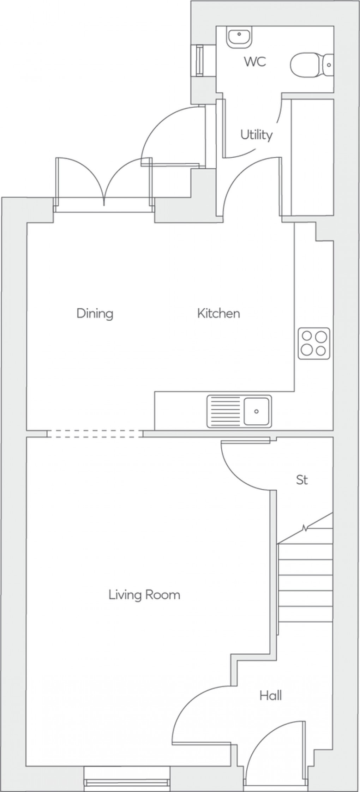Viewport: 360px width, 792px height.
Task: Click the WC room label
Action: [x=255, y=62]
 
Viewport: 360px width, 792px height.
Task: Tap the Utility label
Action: [x=256, y=135]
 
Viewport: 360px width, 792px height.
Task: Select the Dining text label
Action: [x=95, y=313]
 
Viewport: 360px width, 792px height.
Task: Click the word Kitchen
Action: [x=218, y=313]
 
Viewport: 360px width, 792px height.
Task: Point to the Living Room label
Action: [x=144, y=595]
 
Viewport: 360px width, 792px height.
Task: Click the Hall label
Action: [x=271, y=696]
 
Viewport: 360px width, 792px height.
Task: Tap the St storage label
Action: [x=302, y=480]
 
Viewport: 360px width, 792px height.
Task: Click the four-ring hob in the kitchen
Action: [x=314, y=344]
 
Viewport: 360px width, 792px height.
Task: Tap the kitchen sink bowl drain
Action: [x=257, y=411]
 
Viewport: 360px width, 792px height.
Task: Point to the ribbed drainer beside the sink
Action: [x=224, y=411]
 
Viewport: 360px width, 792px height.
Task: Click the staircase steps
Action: [x=306, y=582]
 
